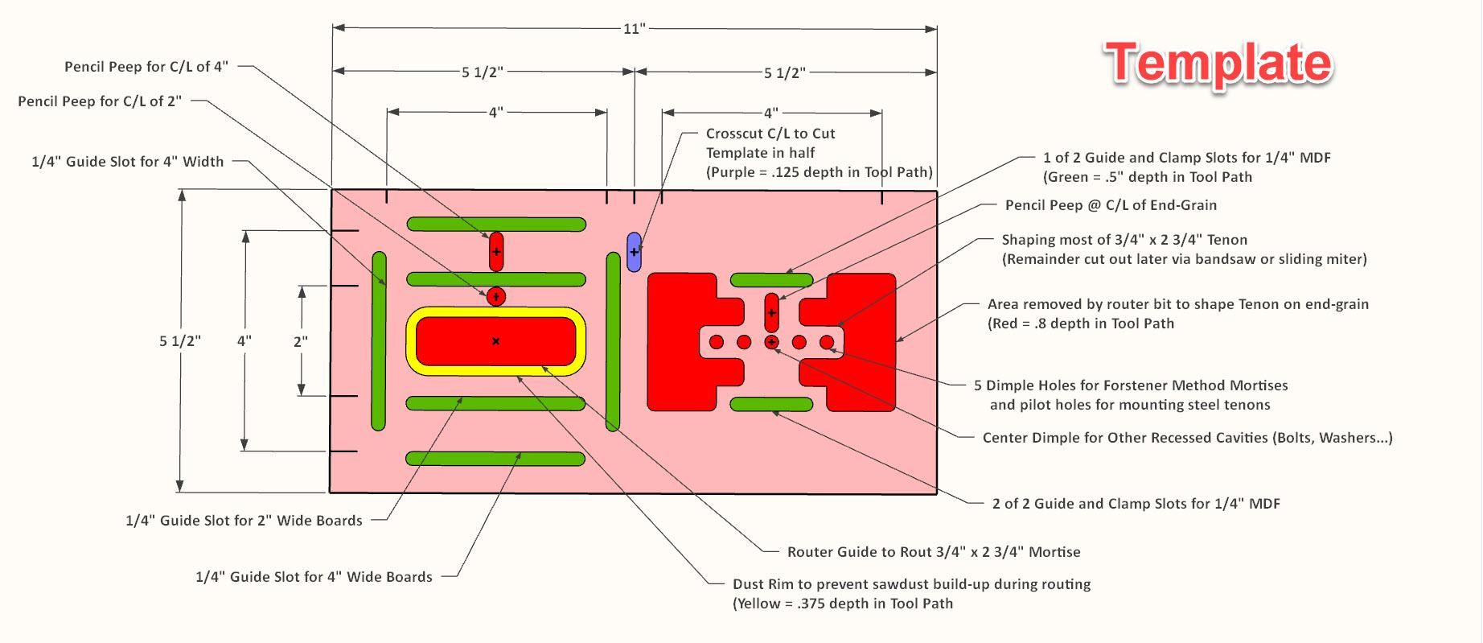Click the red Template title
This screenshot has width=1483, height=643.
click(1218, 64)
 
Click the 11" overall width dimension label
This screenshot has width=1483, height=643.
click(634, 29)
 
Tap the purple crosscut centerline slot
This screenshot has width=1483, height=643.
click(634, 252)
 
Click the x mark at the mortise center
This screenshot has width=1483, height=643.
click(495, 341)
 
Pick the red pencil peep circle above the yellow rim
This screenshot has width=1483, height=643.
click(496, 297)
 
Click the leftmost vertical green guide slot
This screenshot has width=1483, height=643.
click(379, 341)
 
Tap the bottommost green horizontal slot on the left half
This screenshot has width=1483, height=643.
click(495, 459)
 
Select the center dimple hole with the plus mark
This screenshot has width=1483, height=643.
click(772, 342)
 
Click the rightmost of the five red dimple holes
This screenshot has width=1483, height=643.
click(827, 342)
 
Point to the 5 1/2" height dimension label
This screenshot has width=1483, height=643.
click(179, 341)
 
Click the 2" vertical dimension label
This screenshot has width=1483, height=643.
click(300, 341)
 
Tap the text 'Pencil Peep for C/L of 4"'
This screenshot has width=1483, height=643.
click(146, 67)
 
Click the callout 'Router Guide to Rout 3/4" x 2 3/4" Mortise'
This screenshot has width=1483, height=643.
click(933, 552)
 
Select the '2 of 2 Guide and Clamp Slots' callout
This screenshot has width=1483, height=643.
click(1136, 504)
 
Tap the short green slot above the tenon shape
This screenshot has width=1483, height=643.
click(771, 280)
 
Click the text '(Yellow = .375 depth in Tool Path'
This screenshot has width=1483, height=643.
click(842, 604)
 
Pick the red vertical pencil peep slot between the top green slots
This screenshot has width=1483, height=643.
click(496, 251)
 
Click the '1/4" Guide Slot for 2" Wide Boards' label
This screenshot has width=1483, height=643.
click(244, 521)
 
